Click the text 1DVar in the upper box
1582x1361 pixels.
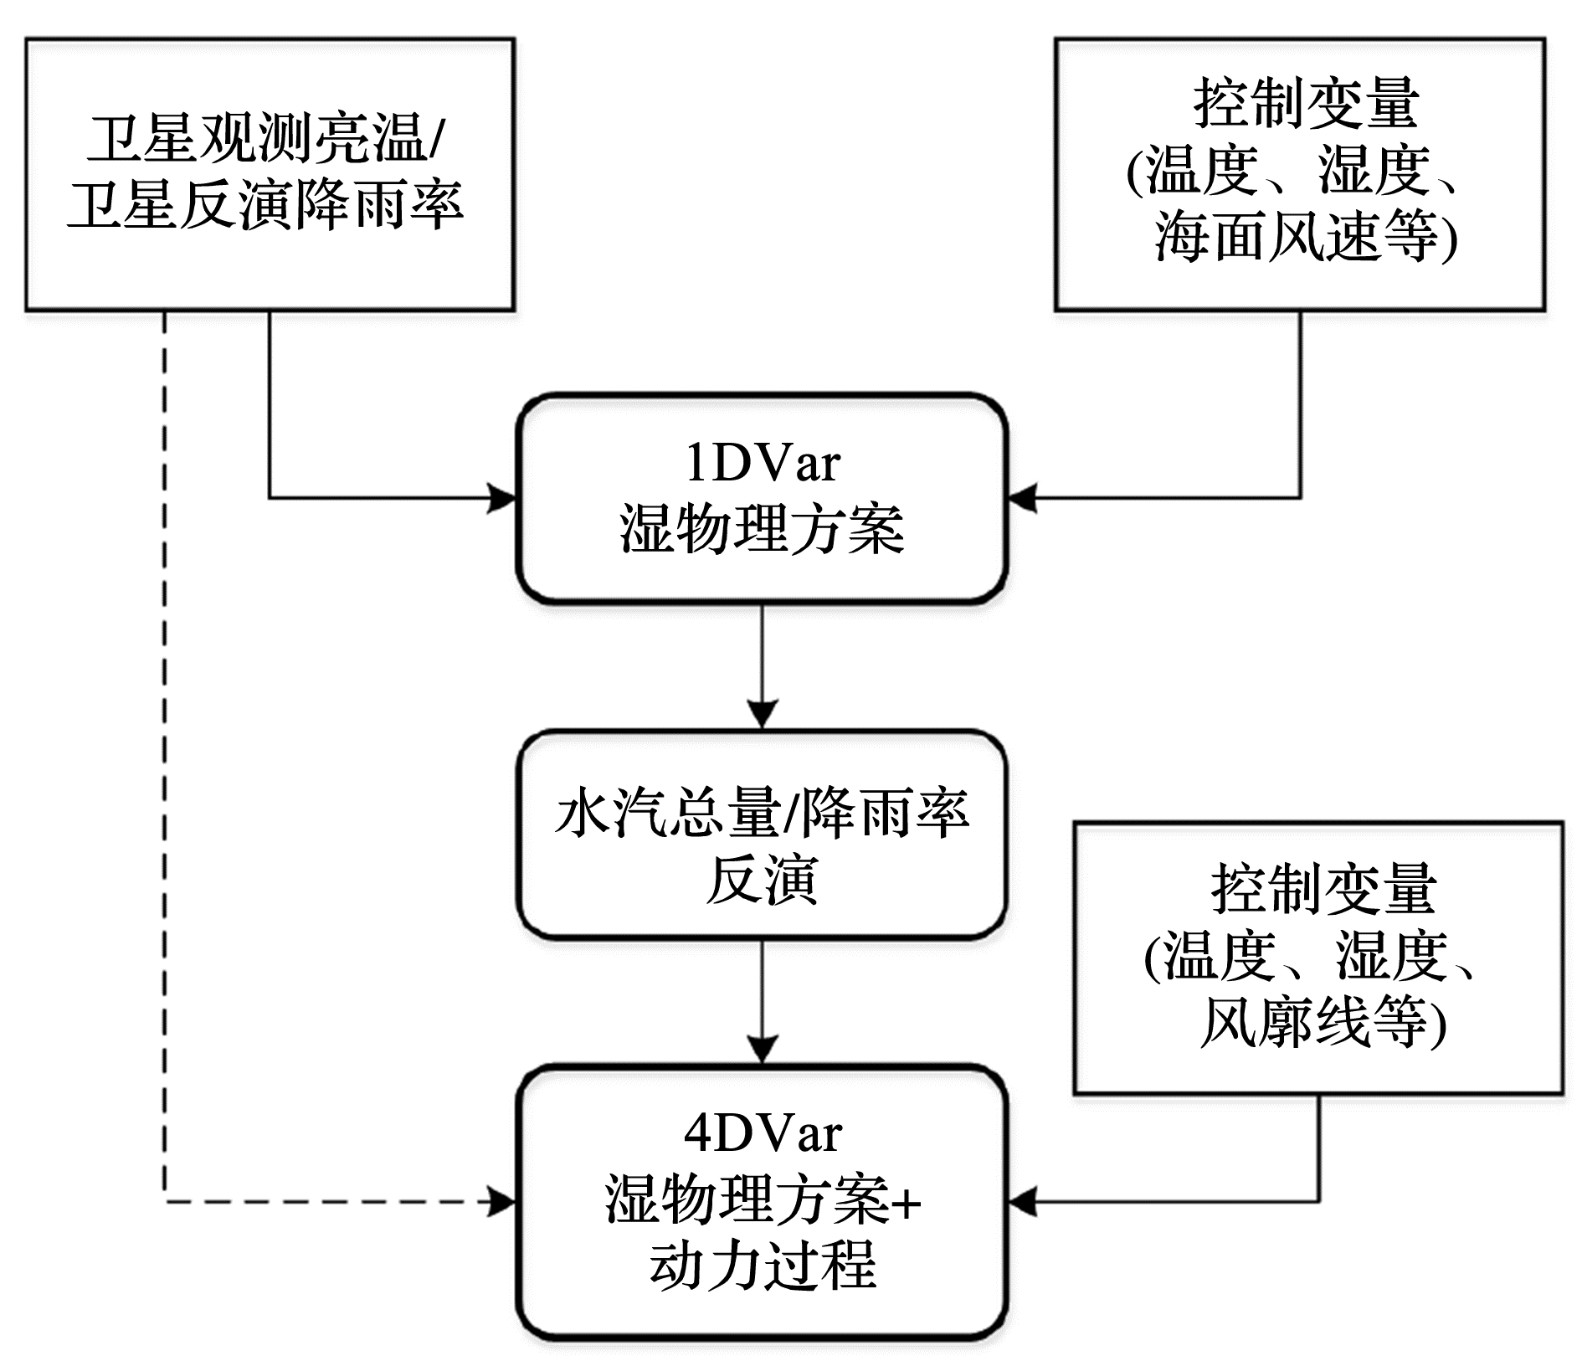tap(762, 463)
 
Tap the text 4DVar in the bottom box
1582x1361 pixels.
tap(762, 1134)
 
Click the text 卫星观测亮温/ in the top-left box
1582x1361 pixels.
tap(266, 139)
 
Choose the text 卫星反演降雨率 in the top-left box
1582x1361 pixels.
tap(266, 205)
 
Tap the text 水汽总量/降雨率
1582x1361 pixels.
tap(762, 814)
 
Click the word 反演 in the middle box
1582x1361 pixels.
tap(762, 879)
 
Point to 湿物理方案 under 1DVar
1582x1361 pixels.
tap(762, 529)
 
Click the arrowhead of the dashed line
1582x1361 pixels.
tap(502, 1203)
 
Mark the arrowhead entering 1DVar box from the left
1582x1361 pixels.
tap(502, 499)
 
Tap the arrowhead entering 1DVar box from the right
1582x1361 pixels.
tap(1021, 499)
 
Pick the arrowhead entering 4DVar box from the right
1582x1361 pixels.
tap(1021, 1203)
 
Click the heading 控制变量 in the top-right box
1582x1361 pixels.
tap(1305, 104)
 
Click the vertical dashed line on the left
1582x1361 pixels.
tap(165, 753)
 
